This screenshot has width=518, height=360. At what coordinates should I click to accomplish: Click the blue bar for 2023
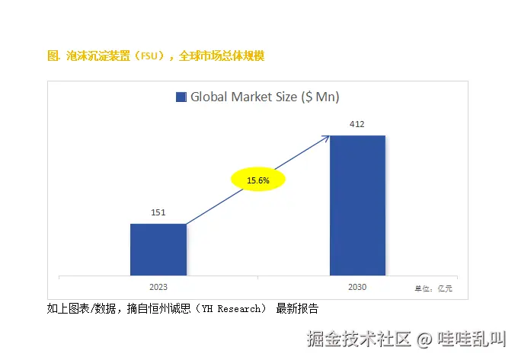pyautogui.click(x=158, y=250)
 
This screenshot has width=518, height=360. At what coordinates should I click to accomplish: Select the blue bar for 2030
pyautogui.click(x=357, y=205)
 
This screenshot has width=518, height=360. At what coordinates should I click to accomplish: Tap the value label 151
pyautogui.click(x=158, y=212)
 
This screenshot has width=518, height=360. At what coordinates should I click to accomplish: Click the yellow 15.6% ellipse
pyautogui.click(x=258, y=180)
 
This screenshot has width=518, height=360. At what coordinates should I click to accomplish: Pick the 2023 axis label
pyautogui.click(x=158, y=287)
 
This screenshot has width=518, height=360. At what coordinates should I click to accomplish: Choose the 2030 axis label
pyautogui.click(x=357, y=287)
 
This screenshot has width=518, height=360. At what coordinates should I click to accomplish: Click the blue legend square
pyautogui.click(x=181, y=97)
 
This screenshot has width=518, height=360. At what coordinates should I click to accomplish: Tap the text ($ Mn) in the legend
pyautogui.click(x=320, y=97)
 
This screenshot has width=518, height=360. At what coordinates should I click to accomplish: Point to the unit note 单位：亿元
pyautogui.click(x=433, y=288)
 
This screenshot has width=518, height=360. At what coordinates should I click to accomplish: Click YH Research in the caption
pyautogui.click(x=229, y=309)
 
